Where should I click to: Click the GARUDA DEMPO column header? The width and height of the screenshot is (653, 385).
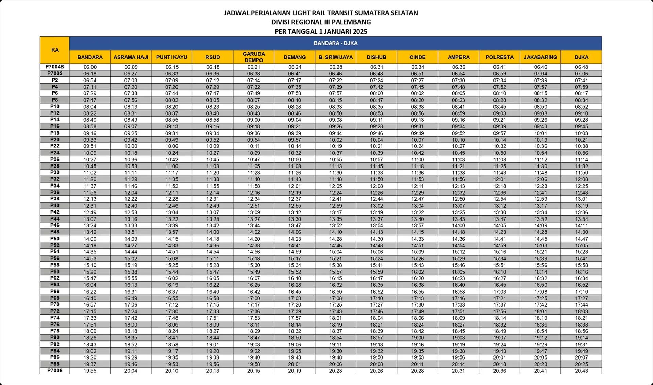tap(253, 57)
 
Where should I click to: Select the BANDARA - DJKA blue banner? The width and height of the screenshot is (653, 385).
tap(335, 43)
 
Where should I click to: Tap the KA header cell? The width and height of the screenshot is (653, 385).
tap(55, 50)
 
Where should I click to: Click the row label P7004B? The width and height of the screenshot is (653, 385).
tap(55, 67)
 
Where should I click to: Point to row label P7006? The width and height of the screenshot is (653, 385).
tap(55, 371)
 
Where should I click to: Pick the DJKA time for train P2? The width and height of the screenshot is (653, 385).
tap(581, 81)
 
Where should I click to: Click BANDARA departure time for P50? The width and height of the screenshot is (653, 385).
tap(90, 239)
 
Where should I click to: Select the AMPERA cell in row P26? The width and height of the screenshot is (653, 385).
tap(458, 160)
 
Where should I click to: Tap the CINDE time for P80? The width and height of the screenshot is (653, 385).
tap(417, 338)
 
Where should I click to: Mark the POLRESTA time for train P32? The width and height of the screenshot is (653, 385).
tap(499, 179)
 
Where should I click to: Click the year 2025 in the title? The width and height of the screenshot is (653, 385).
tap(360, 32)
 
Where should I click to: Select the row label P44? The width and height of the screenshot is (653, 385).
tap(55, 219)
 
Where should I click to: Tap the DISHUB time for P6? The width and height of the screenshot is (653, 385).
tap(376, 93)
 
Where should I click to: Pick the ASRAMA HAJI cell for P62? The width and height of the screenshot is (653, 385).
tap(131, 278)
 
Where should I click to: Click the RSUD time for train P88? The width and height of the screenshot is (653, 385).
tap(213, 364)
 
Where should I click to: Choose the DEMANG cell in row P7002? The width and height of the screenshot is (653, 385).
tap(294, 74)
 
